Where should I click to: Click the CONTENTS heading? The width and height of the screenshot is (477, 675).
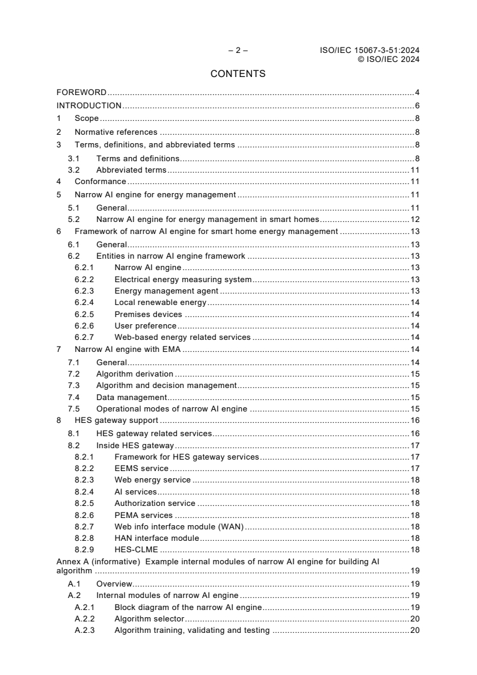coord(238,74)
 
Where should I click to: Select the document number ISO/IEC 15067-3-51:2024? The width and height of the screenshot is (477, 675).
coord(369,51)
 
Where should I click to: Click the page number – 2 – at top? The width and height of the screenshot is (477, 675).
coord(238,51)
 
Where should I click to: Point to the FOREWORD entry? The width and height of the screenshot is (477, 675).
coord(81,93)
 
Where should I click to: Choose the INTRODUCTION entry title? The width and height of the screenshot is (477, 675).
coord(89,106)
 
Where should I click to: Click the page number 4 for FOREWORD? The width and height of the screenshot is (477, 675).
coord(417,93)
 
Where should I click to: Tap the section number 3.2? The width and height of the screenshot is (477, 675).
coord(74,170)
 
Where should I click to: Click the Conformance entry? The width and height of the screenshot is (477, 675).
coord(100,181)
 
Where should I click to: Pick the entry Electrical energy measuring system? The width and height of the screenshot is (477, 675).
coord(183,279)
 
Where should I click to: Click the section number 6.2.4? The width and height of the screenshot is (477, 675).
coord(84,303)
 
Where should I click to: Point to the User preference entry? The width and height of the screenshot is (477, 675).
coord(145,325)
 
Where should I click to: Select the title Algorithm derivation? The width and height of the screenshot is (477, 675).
coord(135,374)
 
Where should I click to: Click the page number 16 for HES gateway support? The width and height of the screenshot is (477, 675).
coord(415,421)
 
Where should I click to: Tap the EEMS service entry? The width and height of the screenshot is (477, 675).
coord(141,468)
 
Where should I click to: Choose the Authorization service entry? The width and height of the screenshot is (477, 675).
coord(155,503)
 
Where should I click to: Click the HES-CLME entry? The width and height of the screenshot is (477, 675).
coord(136,549)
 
